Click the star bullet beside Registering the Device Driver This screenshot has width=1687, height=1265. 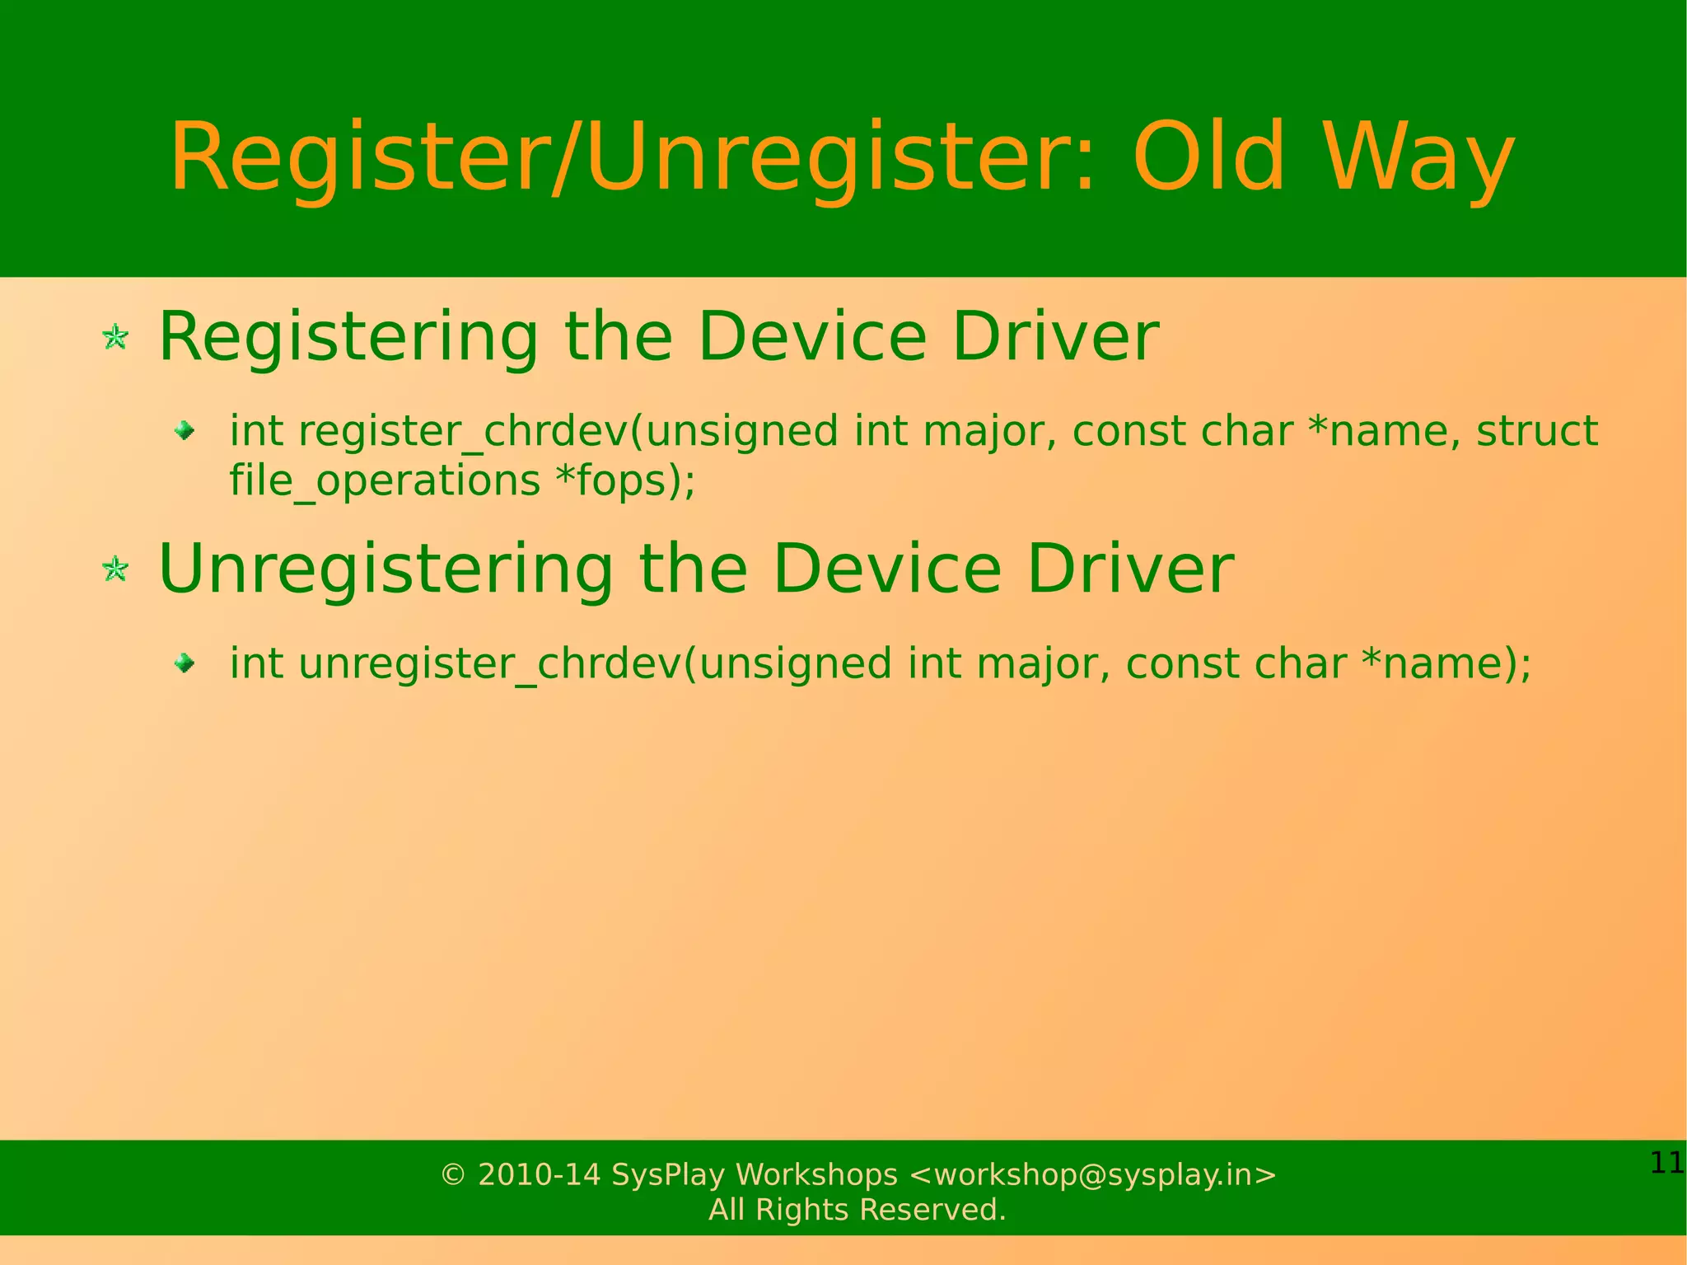pos(115,337)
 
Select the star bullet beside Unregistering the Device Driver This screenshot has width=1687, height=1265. pos(115,569)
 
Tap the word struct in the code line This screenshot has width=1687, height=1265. pos(1536,431)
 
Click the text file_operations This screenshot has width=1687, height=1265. pos(384,480)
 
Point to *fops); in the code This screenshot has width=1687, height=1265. pos(626,480)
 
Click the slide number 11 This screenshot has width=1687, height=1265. pos(1666,1163)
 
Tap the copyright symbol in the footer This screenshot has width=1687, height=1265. pos(453,1174)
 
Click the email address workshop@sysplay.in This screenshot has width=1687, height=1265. pos(1092,1174)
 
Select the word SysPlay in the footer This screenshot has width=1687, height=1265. pos(668,1174)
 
